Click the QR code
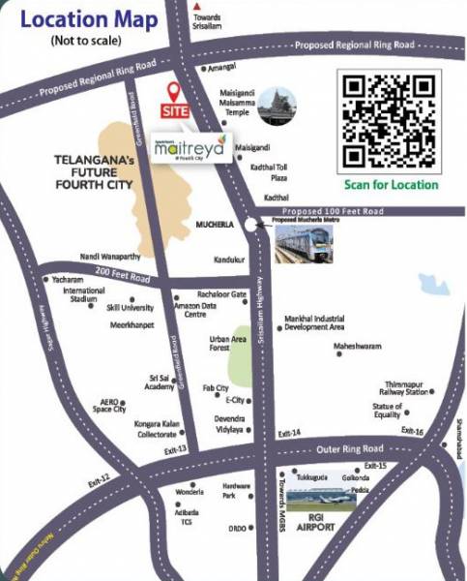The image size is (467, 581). tap(391, 120)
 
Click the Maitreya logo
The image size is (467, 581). tap(190, 147)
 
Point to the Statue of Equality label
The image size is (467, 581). tap(387, 410)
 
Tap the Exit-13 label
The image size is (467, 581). tap(175, 450)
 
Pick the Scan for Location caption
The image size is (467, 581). tap(391, 184)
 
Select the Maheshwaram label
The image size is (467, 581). tap(358, 345)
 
